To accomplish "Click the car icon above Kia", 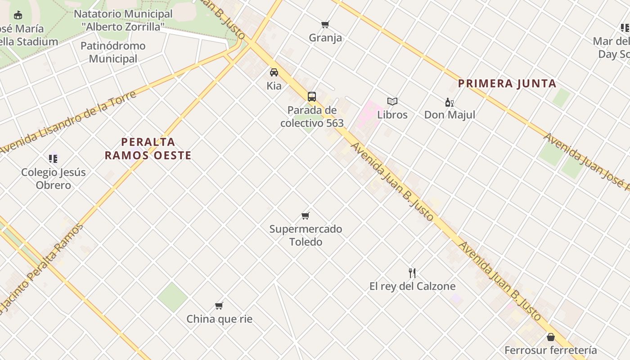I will point(274,72).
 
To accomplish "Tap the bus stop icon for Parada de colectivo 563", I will point(311,96).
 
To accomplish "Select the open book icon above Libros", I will point(392,102).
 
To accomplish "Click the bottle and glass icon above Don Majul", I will point(449,102).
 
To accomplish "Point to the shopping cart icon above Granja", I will point(325,24).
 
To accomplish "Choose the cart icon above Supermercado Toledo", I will point(306,216).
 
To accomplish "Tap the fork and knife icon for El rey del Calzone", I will point(412,273).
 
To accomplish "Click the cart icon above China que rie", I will point(219,306).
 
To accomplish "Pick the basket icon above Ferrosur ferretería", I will point(550,337).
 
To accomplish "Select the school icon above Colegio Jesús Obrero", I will point(53,158).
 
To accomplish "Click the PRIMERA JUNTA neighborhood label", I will point(507,84).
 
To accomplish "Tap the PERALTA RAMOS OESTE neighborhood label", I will point(148,149).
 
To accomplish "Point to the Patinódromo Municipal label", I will point(113,52).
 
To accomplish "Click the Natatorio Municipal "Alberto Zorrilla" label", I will point(123,20).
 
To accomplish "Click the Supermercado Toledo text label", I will point(306,235).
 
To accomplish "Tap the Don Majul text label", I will point(450,115).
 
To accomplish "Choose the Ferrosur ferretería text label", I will point(550,350).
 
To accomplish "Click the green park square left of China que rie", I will point(172,297).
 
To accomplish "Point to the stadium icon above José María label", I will point(18,16).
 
